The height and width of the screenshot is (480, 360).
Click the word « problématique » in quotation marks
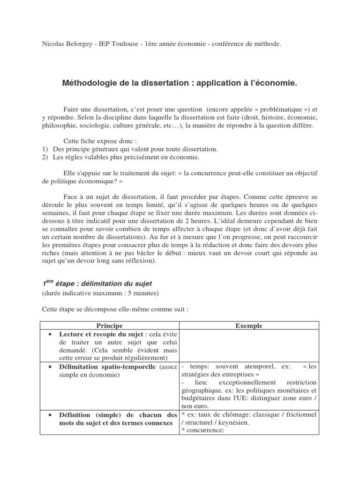(274, 109)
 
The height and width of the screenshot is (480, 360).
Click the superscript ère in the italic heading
(49, 282)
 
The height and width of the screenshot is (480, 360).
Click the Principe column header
(110, 325)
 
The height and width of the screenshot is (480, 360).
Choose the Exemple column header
(249, 325)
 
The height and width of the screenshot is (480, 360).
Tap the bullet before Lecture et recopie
(50, 334)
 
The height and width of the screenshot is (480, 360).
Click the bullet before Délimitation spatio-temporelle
(50, 367)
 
